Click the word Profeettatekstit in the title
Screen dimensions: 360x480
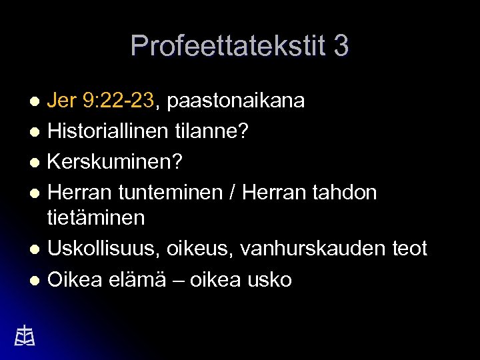(227, 46)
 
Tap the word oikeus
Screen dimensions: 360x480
(209, 249)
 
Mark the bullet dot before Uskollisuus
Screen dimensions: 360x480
(38, 249)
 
